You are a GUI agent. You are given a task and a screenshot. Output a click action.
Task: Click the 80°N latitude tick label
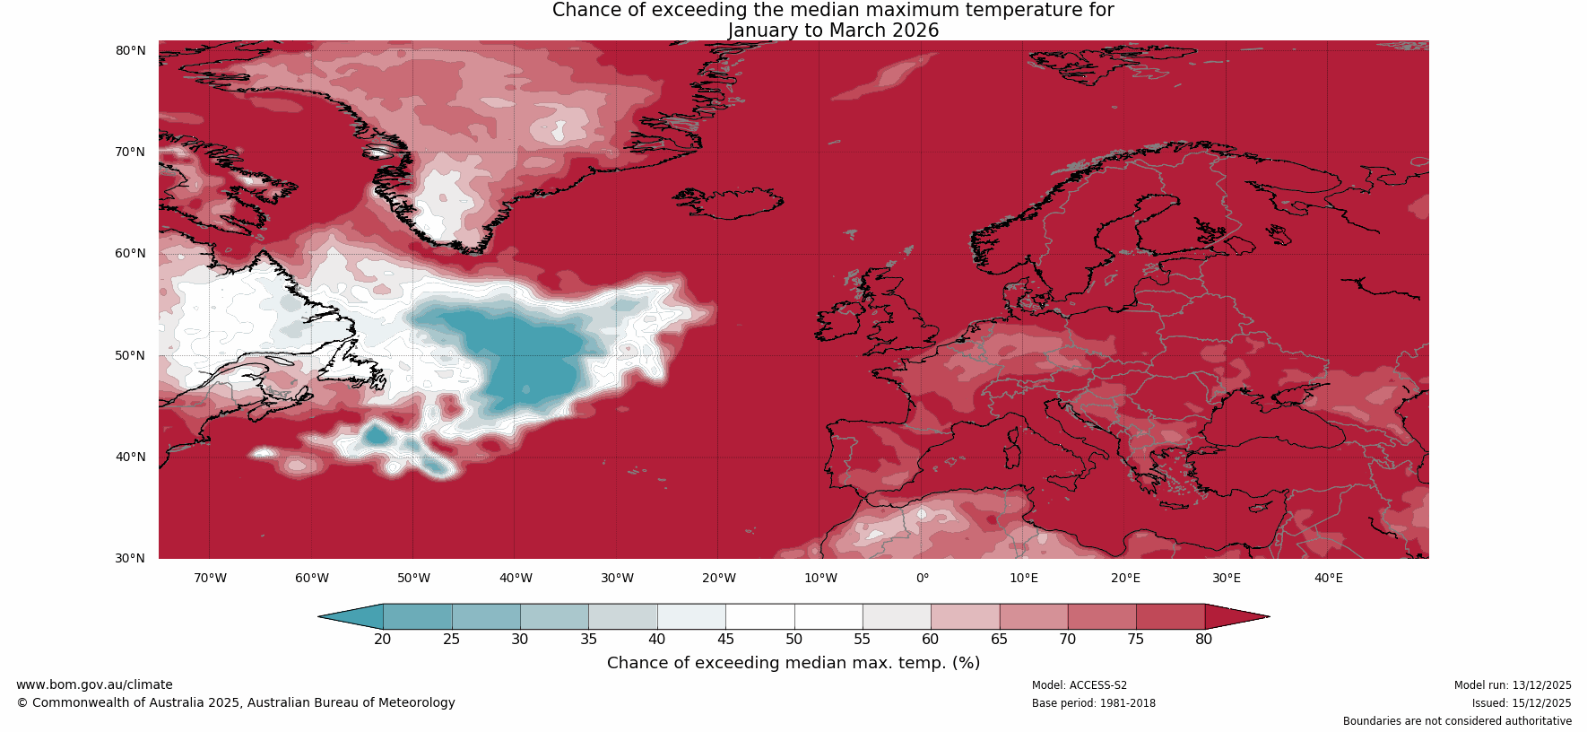coord(130,50)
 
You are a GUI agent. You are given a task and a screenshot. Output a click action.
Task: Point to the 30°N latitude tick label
coord(130,558)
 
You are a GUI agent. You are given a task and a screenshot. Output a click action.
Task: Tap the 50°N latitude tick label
coord(130,355)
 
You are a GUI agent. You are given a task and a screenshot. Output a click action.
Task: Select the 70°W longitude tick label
coord(210,578)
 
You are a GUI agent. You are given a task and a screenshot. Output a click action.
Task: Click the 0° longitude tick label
coord(922,578)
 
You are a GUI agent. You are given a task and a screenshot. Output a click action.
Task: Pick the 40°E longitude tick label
coord(1328,578)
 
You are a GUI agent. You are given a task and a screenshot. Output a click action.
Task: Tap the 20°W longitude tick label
coord(718,578)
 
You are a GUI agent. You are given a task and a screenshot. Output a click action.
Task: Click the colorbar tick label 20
coord(383,639)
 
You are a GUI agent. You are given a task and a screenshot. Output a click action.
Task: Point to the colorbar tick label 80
coord(1203,639)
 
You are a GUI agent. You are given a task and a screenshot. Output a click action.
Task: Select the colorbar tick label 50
coord(793,639)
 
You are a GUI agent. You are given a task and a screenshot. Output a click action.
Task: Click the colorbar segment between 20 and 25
coord(417,616)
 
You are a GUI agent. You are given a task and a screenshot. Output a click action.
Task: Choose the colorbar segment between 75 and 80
coord(1169,616)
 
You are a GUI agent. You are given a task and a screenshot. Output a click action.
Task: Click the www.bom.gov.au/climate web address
coord(94,684)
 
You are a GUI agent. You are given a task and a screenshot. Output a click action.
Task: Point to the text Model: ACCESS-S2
coord(1079,685)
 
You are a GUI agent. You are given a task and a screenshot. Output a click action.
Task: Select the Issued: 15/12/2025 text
coord(1521,703)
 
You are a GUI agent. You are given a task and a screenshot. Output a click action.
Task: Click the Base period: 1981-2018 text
coord(1093,703)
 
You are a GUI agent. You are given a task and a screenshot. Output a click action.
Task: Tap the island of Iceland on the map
coord(731,203)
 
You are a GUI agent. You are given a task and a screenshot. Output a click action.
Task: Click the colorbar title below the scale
coord(793,663)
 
